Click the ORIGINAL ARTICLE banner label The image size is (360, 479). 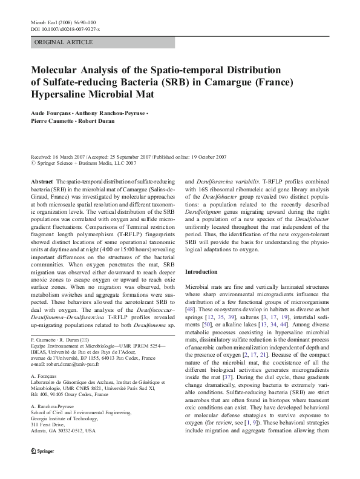[x=64, y=42]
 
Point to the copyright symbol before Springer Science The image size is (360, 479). [x=33, y=163]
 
